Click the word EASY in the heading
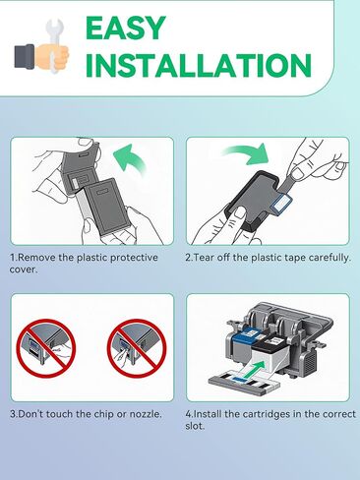125,29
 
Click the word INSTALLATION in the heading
198,65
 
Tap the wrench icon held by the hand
55,46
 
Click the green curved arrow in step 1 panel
129,160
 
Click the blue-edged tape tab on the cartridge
281,204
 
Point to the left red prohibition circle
46,348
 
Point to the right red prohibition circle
137,348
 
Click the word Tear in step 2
203,258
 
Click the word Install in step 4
208,414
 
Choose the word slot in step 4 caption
194,426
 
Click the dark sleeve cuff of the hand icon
25,56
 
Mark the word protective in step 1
134,258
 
